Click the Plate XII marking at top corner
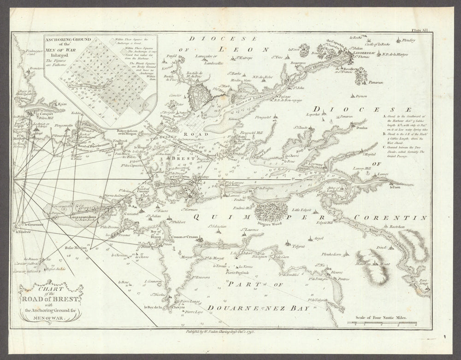click(421, 29)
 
